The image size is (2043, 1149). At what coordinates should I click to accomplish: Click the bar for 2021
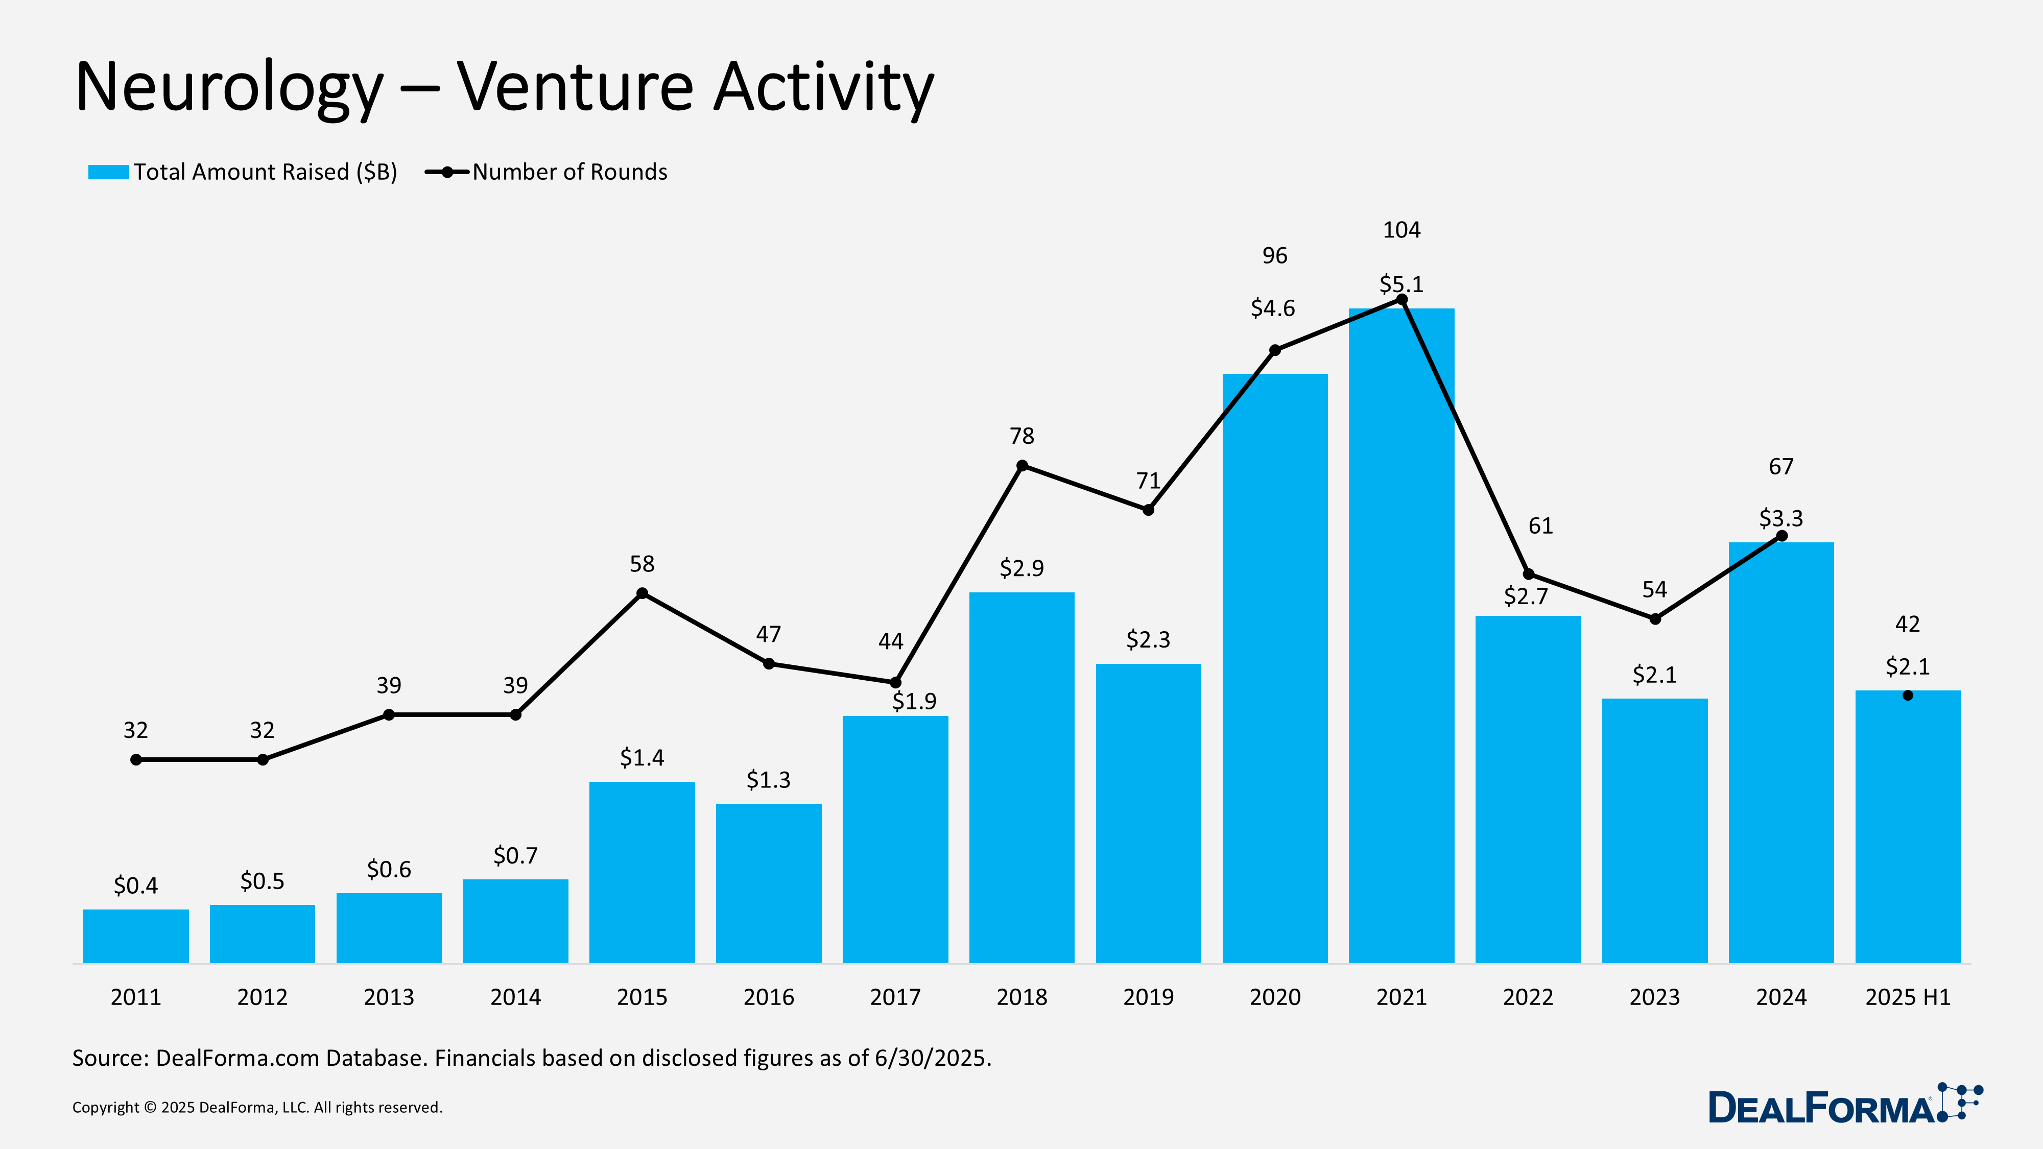pos(1401,634)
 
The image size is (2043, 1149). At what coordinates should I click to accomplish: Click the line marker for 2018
pos(1022,465)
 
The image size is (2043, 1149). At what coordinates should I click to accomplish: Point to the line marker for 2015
pos(643,593)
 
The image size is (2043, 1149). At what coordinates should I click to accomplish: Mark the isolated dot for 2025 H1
pos(1907,696)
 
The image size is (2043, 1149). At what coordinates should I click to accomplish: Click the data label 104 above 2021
pos(1401,230)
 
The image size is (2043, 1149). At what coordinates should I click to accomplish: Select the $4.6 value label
pos(1272,307)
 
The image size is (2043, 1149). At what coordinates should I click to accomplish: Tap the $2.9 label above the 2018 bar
pos(1022,568)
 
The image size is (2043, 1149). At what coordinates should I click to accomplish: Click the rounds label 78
pos(1022,435)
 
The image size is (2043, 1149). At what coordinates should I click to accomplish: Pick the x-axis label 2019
pos(1148,997)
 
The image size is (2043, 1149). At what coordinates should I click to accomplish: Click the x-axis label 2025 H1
pos(1907,997)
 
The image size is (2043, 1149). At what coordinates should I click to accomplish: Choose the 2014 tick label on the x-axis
pos(515,997)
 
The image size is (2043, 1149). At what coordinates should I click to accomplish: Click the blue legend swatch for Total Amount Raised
pos(109,172)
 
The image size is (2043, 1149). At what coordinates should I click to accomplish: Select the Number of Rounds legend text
pos(569,172)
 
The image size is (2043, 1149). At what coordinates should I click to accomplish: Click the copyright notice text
pos(257,1107)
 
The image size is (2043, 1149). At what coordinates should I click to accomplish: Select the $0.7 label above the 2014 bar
pos(515,855)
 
